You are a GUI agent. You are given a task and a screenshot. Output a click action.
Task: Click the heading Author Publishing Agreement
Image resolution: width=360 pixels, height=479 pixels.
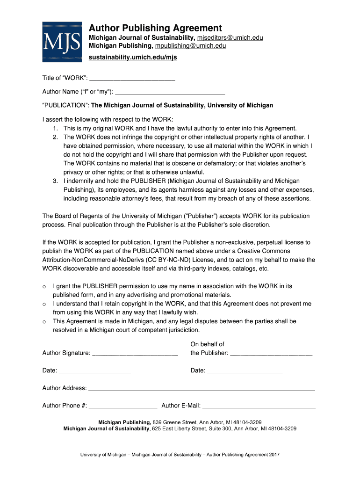[155, 28]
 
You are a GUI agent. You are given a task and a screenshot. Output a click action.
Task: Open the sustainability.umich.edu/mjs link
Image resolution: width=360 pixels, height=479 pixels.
[133, 58]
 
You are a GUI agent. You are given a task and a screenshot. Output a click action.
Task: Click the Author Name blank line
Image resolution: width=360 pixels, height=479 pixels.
[170, 92]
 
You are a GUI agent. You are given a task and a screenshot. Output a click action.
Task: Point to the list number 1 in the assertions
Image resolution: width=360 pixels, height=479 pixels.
[55, 128]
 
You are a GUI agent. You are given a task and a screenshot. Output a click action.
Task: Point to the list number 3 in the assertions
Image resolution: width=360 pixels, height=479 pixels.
[55, 181]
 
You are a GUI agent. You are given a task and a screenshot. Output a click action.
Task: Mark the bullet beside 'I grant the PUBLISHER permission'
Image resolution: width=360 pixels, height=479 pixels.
[44, 286]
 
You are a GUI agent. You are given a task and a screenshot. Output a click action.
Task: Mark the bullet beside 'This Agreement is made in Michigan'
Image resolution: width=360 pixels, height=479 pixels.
[44, 322]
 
